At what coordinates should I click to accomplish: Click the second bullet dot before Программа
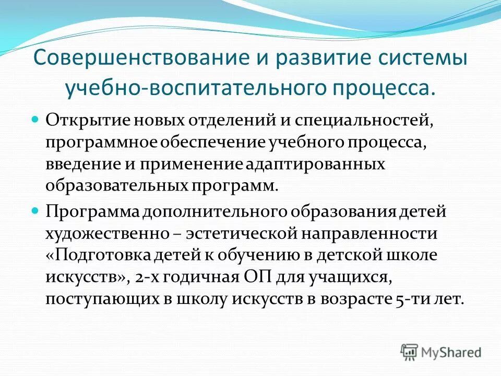click(35, 211)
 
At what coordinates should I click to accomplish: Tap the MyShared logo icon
click(410, 352)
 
